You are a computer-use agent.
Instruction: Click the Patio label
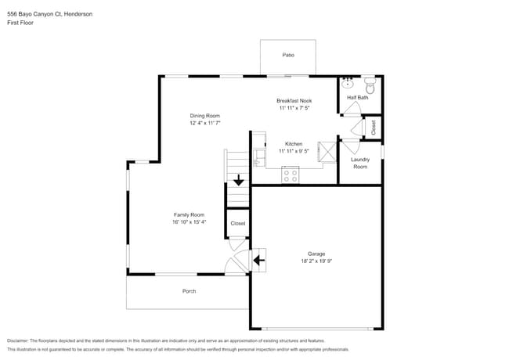287,56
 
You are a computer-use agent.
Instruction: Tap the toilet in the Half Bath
370,86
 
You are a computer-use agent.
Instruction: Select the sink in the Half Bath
348,84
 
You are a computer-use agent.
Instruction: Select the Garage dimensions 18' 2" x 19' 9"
316,261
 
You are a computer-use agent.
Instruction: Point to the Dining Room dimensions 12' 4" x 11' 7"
204,123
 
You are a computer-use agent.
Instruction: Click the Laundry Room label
359,163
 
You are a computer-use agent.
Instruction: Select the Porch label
189,291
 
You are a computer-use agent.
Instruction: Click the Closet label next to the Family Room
237,223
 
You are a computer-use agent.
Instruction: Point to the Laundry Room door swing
351,146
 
